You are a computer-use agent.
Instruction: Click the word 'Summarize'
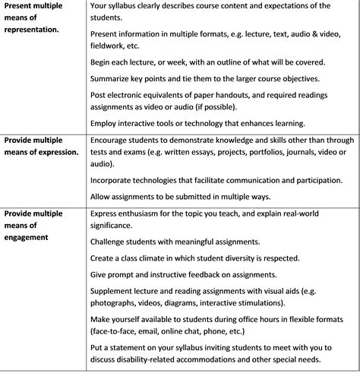point(115,79)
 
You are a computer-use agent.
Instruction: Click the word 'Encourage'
point(115,140)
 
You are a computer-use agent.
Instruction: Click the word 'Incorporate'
point(117,180)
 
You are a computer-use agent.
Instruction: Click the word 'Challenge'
point(113,242)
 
